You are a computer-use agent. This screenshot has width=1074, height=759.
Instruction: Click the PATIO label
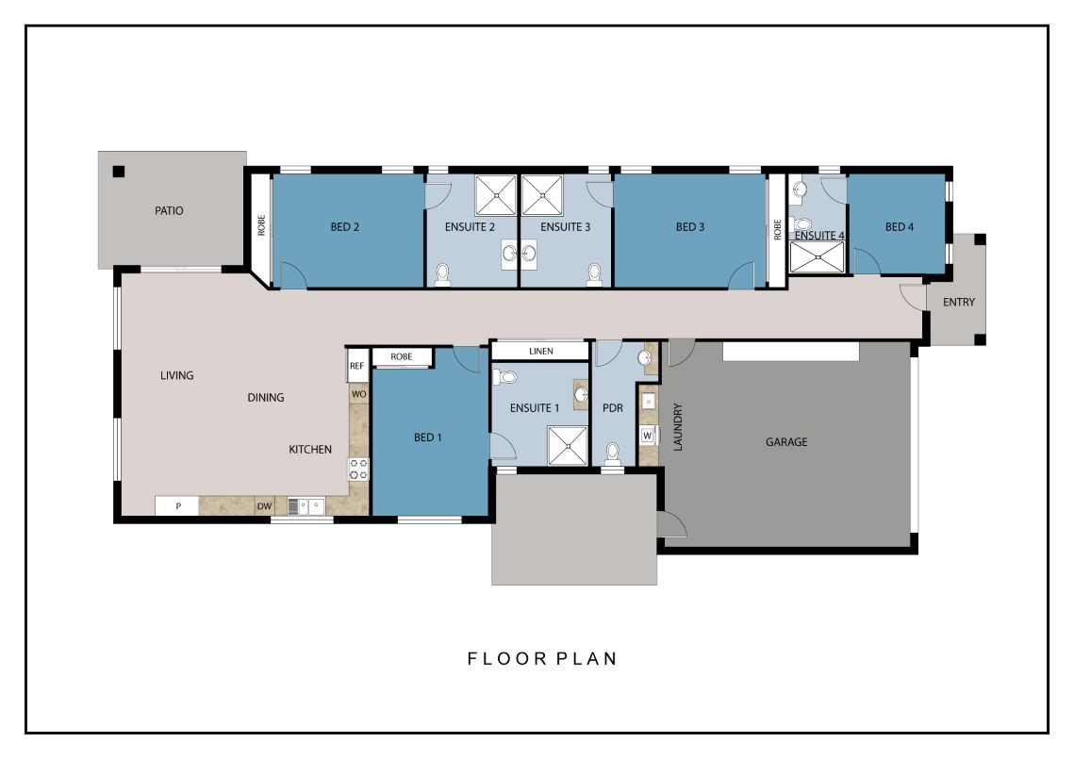[x=169, y=210]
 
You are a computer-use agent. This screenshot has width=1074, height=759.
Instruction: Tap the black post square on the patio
[x=119, y=172]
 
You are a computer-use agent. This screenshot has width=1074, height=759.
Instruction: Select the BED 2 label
[x=346, y=227]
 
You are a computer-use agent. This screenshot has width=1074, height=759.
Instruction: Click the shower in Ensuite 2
[x=495, y=195]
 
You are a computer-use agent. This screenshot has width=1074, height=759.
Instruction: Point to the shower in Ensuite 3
[x=542, y=195]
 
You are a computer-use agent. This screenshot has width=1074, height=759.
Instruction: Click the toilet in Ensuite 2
[x=441, y=274]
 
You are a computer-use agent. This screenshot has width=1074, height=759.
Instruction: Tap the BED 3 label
[x=690, y=227]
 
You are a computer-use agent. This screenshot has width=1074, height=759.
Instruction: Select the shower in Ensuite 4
[x=818, y=257]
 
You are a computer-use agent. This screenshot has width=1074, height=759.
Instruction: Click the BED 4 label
[x=900, y=227]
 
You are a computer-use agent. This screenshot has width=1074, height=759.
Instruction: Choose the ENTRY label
[x=958, y=303]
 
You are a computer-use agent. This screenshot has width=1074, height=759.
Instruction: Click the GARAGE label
[x=785, y=441]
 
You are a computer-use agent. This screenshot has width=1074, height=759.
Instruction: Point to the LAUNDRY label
[x=677, y=427]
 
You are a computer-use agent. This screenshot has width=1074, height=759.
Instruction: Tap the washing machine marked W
[x=648, y=436]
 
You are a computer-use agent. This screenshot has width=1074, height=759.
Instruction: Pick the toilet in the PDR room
[x=613, y=454]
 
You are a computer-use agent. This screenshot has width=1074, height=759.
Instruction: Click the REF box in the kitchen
[x=357, y=365]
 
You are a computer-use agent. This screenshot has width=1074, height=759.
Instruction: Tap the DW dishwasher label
[x=264, y=506]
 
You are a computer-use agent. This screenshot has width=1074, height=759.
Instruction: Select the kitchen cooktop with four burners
[x=358, y=469]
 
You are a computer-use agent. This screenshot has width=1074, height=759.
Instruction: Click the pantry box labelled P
[x=177, y=506]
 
